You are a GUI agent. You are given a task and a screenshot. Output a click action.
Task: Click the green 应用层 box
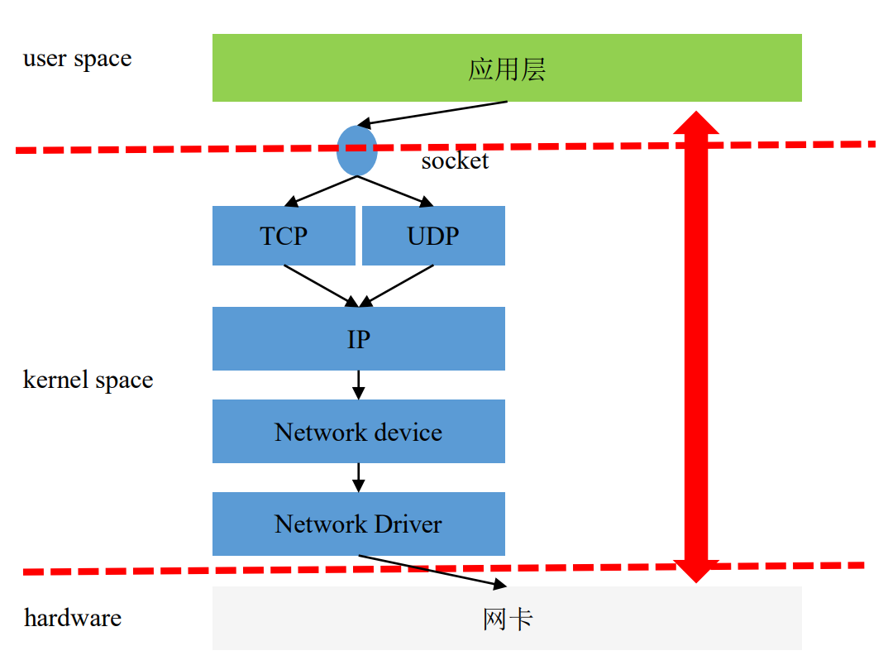pyautogui.click(x=507, y=68)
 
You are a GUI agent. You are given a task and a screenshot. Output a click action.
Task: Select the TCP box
pyautogui.click(x=284, y=236)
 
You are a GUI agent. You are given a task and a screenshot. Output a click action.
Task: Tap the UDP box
pyautogui.click(x=433, y=236)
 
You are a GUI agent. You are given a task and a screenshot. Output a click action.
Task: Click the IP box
pyautogui.click(x=358, y=338)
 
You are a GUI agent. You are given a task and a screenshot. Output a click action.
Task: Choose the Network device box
pyautogui.click(x=358, y=432)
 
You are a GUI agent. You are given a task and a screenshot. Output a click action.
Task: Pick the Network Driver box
pyautogui.click(x=358, y=524)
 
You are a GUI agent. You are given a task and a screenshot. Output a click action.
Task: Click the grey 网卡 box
pyautogui.click(x=507, y=618)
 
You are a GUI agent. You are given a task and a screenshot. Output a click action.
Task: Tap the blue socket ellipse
pyautogui.click(x=357, y=151)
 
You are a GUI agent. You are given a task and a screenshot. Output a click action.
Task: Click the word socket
pyautogui.click(x=455, y=160)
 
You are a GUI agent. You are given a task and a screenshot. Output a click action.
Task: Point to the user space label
pyautogui.click(x=77, y=59)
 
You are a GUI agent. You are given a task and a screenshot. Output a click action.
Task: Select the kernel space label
pyautogui.click(x=88, y=380)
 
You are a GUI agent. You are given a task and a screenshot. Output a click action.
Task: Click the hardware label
pyautogui.click(x=73, y=618)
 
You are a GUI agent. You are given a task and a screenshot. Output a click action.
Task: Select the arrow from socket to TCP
pyautogui.click(x=321, y=189)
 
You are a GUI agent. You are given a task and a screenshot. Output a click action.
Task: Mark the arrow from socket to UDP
pyautogui.click(x=395, y=189)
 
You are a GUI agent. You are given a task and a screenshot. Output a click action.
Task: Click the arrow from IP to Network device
pyautogui.click(x=358, y=385)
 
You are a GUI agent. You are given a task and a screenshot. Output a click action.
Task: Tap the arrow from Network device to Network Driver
pyautogui.click(x=358, y=477)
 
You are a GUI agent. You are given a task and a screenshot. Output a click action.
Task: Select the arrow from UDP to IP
pyautogui.click(x=397, y=285)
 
